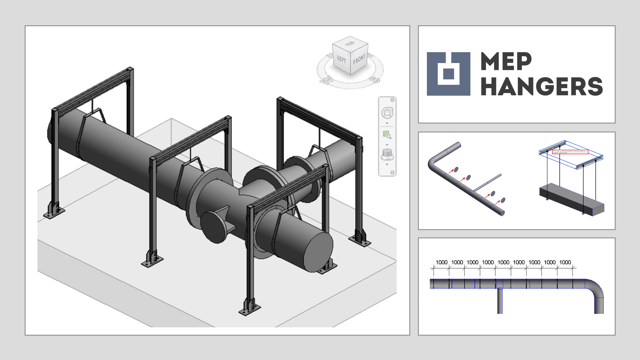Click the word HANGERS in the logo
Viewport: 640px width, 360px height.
(x=541, y=87)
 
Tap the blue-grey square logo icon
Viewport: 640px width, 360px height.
(x=448, y=74)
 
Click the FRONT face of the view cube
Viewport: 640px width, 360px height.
(x=359, y=60)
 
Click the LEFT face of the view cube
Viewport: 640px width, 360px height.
(x=341, y=59)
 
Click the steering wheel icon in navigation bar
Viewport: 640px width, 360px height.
(x=387, y=113)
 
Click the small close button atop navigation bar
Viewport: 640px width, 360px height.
(x=392, y=100)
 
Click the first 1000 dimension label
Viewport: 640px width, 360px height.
(x=442, y=262)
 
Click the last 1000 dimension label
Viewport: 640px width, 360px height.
(x=565, y=262)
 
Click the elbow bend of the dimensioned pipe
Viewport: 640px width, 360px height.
(x=596, y=289)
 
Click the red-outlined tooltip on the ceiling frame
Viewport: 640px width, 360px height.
(x=570, y=152)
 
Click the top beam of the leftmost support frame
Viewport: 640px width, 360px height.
(x=93, y=89)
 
